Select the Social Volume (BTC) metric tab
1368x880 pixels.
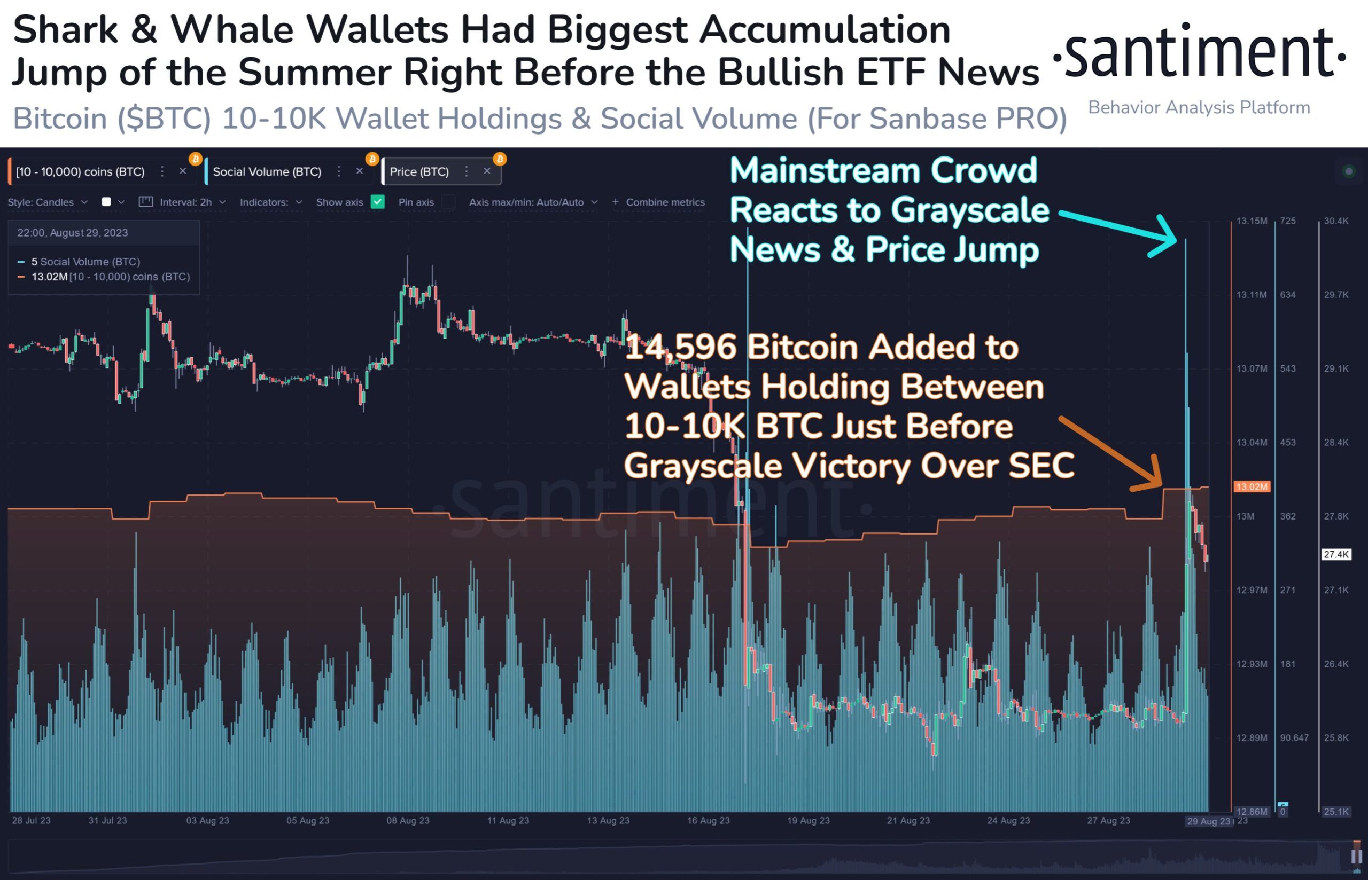point(267,172)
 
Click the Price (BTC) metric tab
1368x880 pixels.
point(419,172)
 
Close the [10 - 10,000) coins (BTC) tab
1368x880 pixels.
point(183,171)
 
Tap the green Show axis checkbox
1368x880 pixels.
point(377,202)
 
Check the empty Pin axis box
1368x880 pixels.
point(449,202)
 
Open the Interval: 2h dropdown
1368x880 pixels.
point(186,202)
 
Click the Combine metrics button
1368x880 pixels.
point(658,202)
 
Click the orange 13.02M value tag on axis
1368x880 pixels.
point(1252,487)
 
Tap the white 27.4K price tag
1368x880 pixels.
point(1336,554)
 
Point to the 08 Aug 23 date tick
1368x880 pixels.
point(408,821)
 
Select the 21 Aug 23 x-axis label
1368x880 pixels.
point(908,821)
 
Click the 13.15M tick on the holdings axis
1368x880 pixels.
point(1252,221)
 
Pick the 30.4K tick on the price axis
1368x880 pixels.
point(1336,221)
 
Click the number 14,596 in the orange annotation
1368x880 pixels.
point(680,348)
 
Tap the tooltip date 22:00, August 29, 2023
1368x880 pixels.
point(73,233)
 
